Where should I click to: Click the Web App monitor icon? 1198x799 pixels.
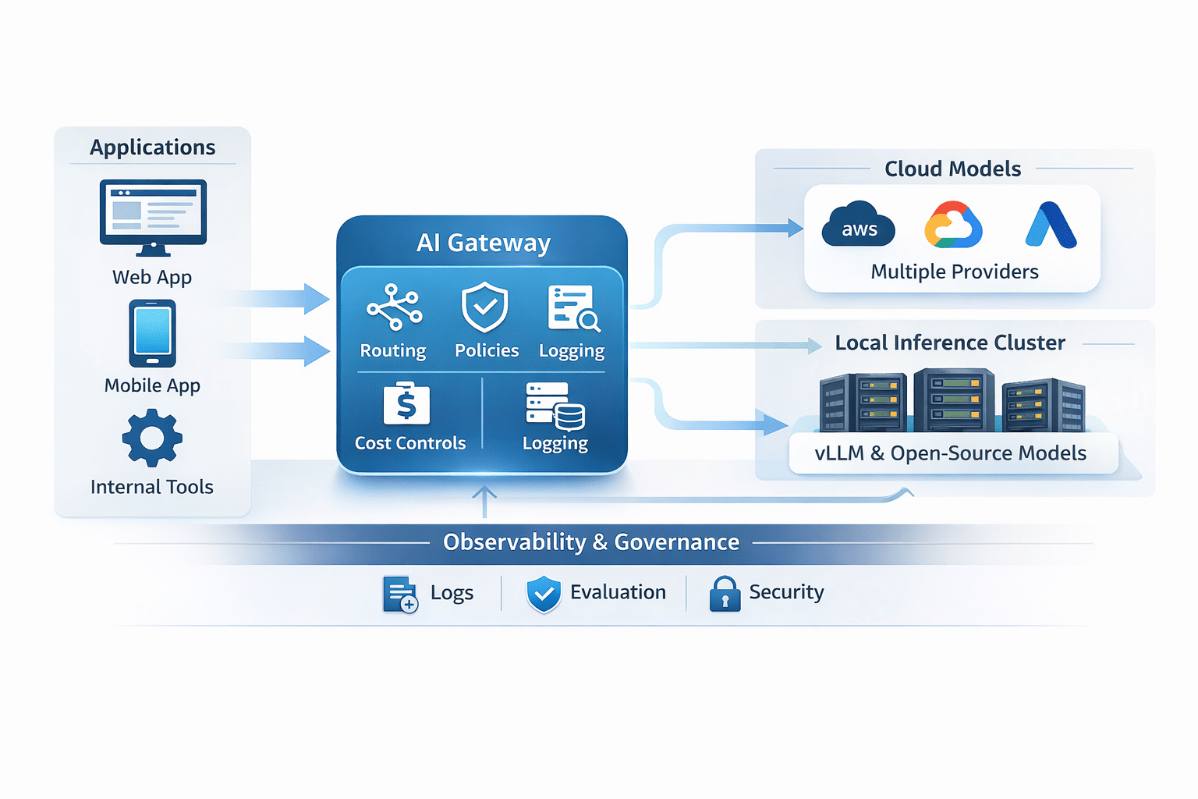(x=153, y=216)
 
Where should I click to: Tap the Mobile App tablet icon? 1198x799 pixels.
(x=153, y=333)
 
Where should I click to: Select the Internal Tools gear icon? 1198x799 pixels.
(x=152, y=439)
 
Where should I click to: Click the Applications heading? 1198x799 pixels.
(x=153, y=147)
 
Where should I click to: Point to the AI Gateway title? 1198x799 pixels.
(x=483, y=243)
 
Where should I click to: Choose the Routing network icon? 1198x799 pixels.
(x=395, y=307)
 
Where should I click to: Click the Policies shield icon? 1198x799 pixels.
(x=485, y=307)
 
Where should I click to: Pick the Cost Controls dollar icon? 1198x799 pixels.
(x=406, y=403)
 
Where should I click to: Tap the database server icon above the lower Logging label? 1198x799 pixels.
(x=555, y=406)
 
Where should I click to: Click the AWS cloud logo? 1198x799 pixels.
(x=858, y=225)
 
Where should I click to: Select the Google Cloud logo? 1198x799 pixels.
(x=952, y=225)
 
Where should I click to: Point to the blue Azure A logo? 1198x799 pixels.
(x=1051, y=225)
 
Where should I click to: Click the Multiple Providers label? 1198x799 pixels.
(x=954, y=272)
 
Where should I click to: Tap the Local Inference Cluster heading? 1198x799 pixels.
(x=949, y=343)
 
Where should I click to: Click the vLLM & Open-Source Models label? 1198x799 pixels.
(x=950, y=453)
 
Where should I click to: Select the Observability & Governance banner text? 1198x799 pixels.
(x=590, y=542)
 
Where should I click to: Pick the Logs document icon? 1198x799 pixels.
(x=400, y=595)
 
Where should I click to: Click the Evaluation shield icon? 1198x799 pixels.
(x=544, y=594)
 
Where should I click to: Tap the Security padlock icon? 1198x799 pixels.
(x=725, y=594)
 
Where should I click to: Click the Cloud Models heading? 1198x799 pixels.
(x=952, y=169)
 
